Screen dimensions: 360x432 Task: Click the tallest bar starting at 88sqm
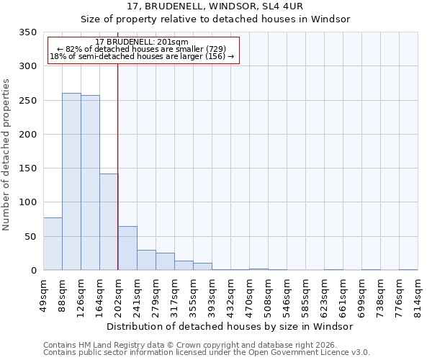pos(71,181)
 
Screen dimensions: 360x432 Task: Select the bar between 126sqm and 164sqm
pos(90,183)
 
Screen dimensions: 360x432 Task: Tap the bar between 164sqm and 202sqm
pos(109,222)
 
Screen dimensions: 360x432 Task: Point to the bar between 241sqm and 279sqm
pos(146,260)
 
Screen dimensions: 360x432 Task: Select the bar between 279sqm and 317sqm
pos(165,261)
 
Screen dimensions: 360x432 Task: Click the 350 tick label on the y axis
pos(27,32)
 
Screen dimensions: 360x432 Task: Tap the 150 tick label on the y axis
pos(27,168)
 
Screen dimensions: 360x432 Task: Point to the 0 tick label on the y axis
pos(33,271)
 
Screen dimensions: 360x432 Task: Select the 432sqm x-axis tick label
pos(230,295)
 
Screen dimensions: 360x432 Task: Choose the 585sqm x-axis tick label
pos(305,295)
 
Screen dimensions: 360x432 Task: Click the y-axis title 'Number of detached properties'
pos(6,155)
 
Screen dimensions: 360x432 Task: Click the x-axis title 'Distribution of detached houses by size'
pos(234,326)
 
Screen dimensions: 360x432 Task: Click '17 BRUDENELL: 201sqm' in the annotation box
pos(142,42)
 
